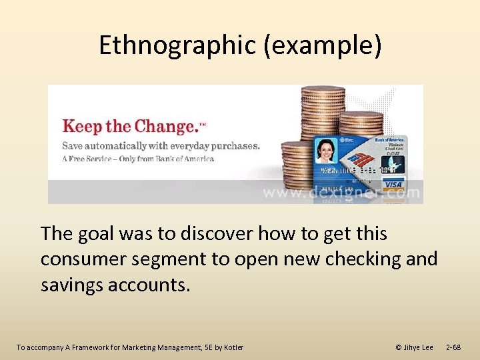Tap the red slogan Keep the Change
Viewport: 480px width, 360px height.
[126, 126]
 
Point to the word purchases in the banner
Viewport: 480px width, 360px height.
[232, 145]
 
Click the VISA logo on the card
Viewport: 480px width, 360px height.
[394, 185]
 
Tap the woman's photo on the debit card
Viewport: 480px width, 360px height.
[326, 151]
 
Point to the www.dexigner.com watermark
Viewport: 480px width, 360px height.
[341, 193]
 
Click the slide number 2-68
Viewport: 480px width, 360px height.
[453, 347]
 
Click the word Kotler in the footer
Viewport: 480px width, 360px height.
[233, 347]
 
